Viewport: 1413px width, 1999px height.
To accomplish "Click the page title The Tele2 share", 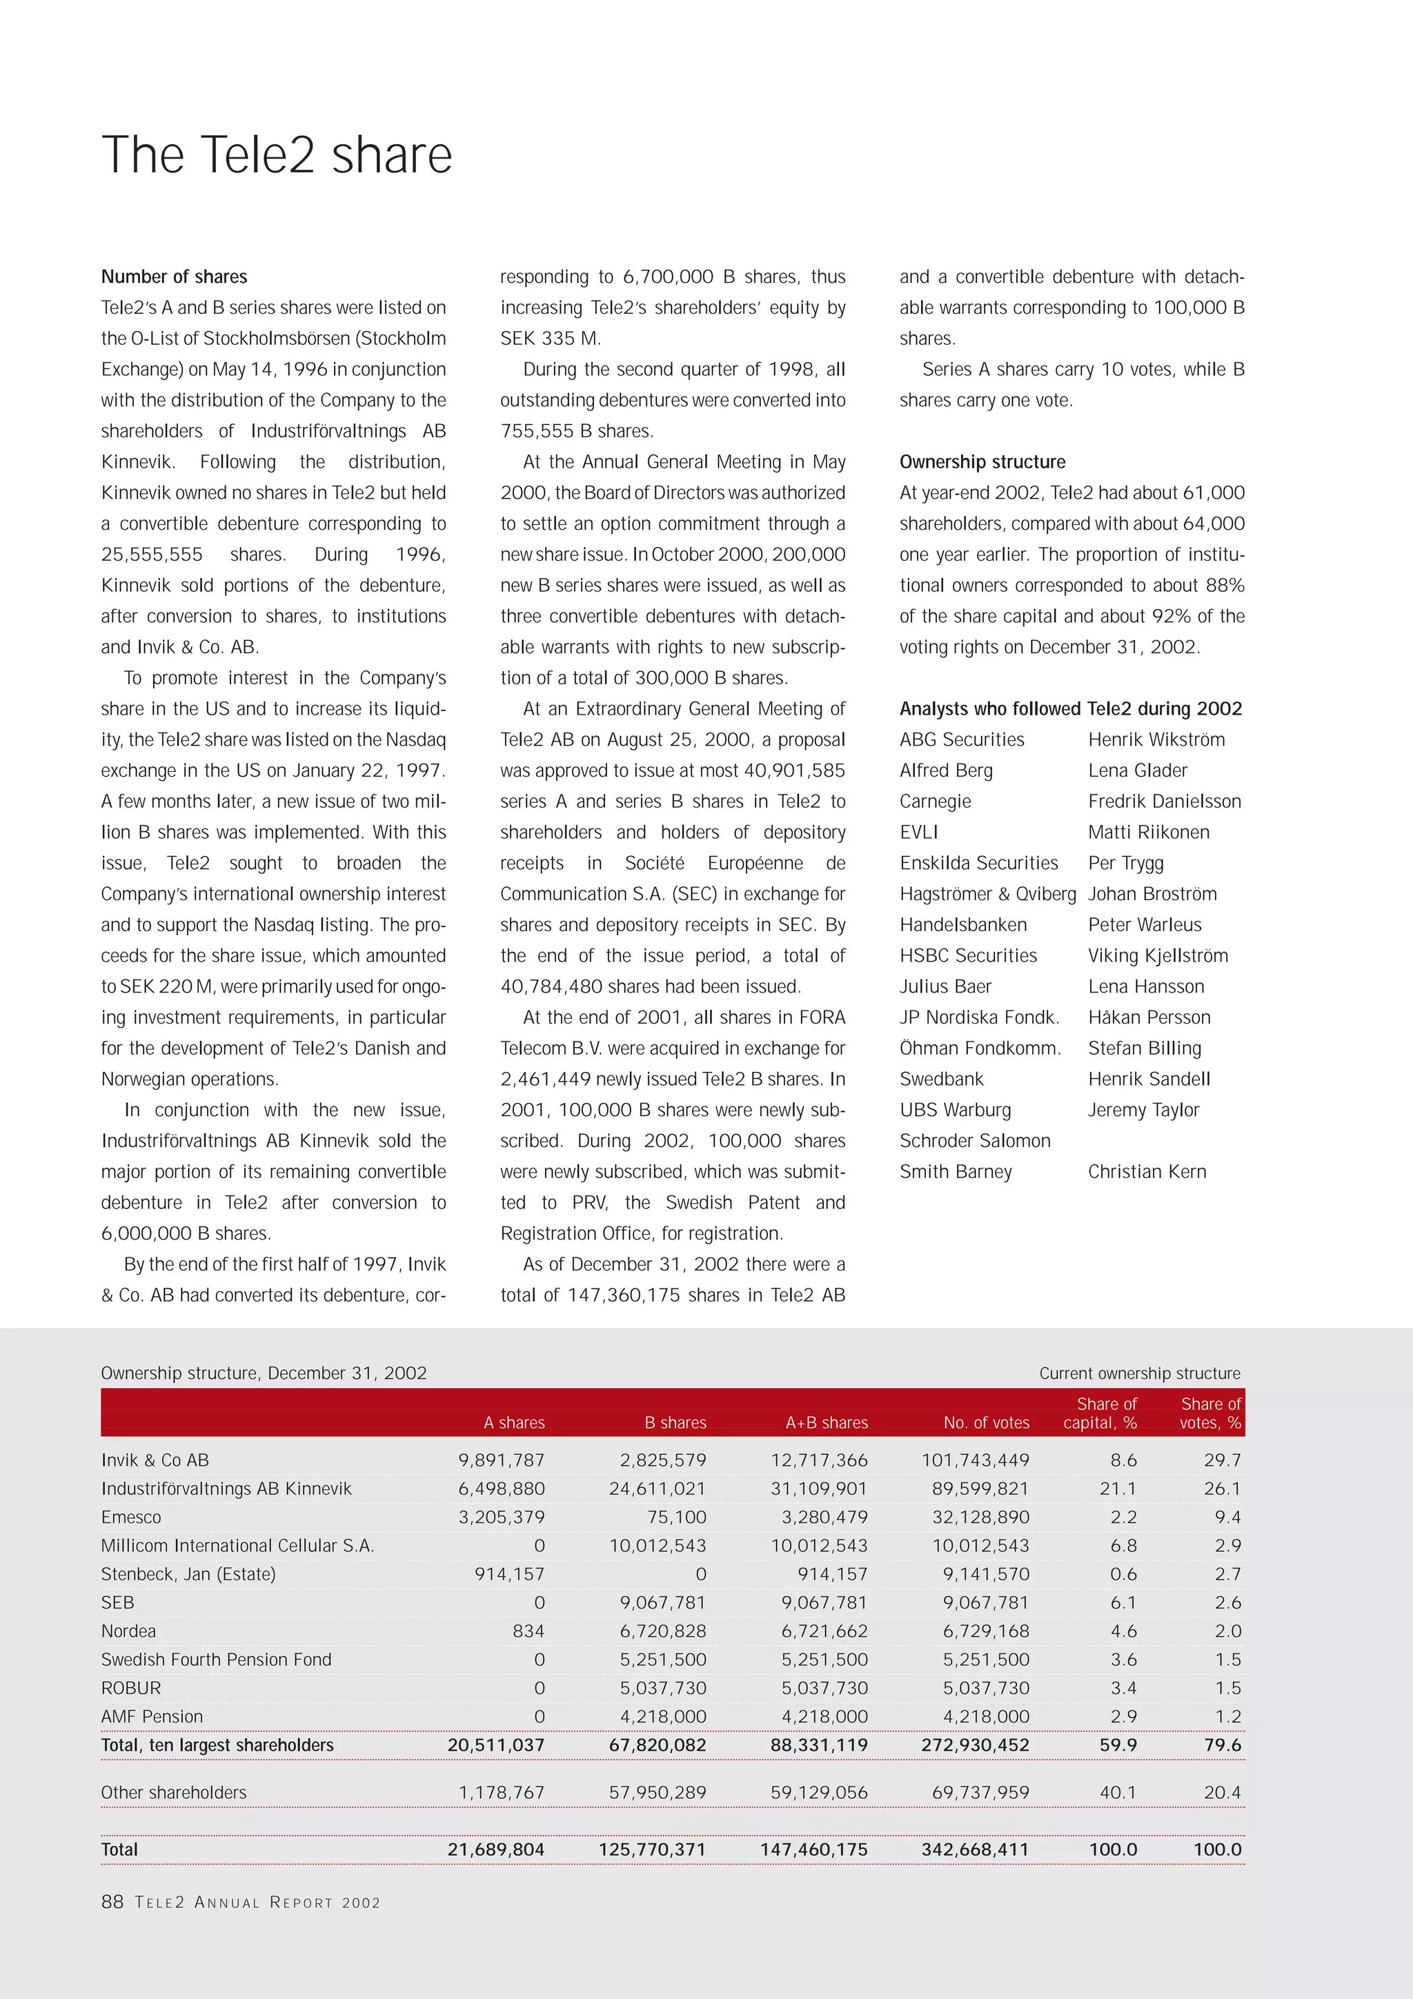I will (277, 155).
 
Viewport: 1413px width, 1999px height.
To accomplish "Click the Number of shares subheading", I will (174, 277).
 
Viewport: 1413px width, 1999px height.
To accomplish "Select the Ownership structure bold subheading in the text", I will (982, 461).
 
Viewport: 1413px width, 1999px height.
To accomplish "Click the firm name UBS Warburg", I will (955, 1109).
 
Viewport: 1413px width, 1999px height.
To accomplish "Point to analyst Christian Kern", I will (1147, 1171).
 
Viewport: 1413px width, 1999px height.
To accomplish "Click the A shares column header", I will (513, 1422).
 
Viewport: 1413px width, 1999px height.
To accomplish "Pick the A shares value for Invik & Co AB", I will (502, 1460).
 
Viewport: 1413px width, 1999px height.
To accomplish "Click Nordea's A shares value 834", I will (528, 1631).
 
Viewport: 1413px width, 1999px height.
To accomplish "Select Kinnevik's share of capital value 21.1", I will (1118, 1489).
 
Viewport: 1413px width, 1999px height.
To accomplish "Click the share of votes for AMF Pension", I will (1227, 1716).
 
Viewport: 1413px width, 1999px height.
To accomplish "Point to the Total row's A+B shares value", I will (813, 1849).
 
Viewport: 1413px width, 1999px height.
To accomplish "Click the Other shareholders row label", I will (174, 1792).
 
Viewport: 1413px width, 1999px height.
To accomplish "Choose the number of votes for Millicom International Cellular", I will (980, 1545).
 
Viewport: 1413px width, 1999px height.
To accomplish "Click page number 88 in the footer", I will (112, 1902).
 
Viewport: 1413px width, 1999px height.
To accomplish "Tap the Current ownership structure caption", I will (1139, 1373).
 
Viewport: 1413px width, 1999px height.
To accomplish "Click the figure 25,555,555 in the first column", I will (152, 555).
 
